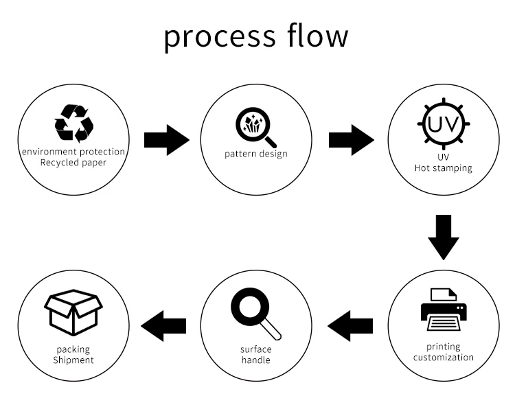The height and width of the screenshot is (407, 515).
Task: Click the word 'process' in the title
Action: pos(220,36)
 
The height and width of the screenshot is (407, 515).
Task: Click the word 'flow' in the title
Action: pos(318,34)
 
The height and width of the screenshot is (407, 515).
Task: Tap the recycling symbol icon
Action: pos(74,124)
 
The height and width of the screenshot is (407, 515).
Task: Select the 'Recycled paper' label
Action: pos(73,163)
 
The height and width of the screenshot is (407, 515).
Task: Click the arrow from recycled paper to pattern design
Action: pos(167,140)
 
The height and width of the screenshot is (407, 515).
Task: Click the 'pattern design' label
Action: pos(256,154)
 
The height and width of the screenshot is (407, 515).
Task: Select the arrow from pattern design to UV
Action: pos(352,140)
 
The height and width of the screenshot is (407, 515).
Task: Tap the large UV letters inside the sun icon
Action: pos(443,124)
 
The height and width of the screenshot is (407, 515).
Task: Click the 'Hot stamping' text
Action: pos(444,168)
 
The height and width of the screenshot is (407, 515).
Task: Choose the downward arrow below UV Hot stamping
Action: pos(444,237)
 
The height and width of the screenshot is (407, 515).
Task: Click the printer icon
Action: pos(444,310)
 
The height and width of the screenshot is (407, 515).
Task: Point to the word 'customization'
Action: pos(444,357)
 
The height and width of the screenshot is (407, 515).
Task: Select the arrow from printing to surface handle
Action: pos(350,326)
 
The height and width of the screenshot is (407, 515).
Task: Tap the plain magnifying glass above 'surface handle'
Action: pos(256,314)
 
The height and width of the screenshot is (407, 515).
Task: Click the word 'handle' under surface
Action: pos(256,360)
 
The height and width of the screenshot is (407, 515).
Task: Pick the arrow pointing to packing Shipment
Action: pos(163,326)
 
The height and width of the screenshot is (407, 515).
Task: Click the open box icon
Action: pos(73,312)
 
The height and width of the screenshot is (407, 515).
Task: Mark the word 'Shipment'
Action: pos(73,360)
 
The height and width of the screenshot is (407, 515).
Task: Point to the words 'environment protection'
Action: pos(73,152)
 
